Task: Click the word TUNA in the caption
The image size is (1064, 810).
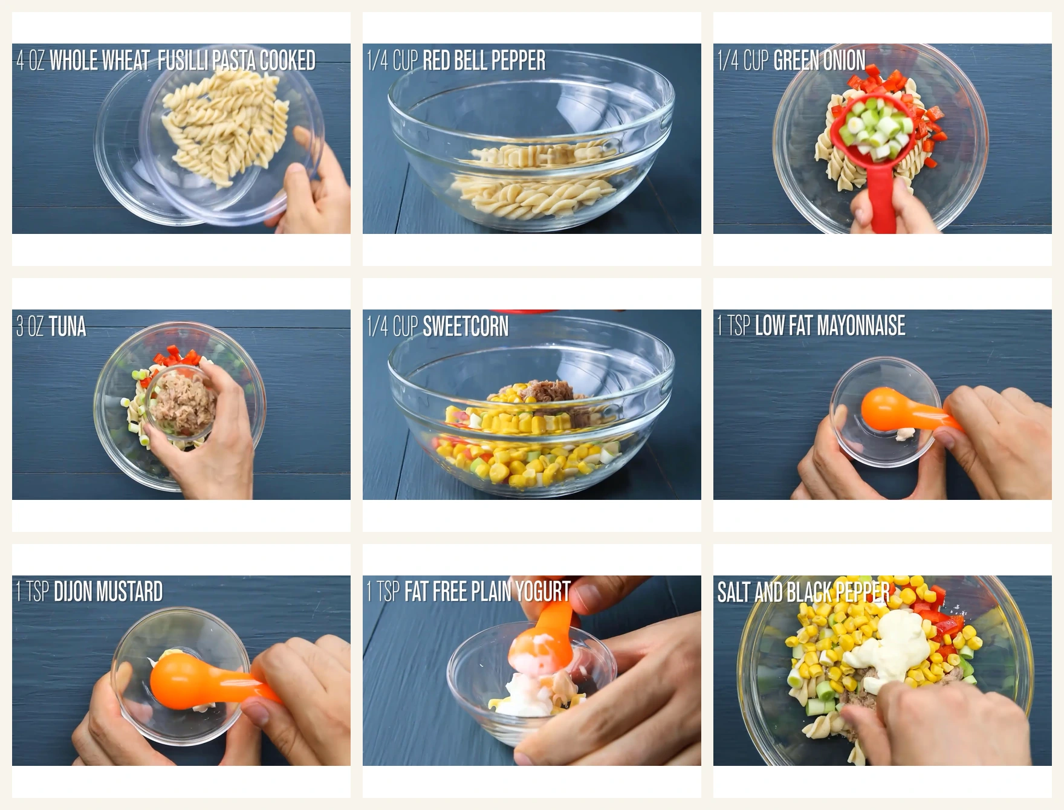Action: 68,326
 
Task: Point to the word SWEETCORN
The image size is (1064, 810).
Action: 465,326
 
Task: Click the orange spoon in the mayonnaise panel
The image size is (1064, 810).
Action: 901,411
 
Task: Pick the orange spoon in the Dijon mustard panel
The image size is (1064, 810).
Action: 199,683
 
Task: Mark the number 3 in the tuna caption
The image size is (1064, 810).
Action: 20,326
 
